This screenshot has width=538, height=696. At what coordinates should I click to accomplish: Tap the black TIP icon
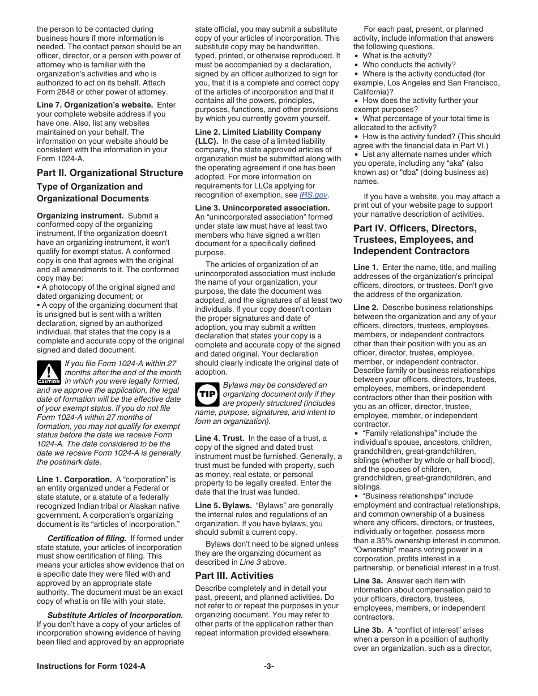[x=207, y=394]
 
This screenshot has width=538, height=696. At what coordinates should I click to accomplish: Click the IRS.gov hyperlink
[x=313, y=195]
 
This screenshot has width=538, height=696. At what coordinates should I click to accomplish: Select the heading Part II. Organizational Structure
[x=110, y=173]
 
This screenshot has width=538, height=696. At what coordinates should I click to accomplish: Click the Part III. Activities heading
[x=234, y=575]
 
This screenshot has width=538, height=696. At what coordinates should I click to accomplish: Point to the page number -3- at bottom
[x=269, y=666]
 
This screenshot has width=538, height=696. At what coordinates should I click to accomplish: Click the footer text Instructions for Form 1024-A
[x=91, y=666]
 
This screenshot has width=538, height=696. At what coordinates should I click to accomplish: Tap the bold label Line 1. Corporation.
[x=74, y=479]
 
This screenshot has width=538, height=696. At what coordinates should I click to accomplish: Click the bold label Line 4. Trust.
[x=220, y=438]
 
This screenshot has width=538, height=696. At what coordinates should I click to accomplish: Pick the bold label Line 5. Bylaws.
[x=223, y=505]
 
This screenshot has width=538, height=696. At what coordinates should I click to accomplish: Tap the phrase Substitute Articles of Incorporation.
[x=115, y=615]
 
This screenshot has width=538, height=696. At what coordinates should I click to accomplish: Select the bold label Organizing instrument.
[x=80, y=216]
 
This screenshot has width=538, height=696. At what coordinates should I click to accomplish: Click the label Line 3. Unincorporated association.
[x=262, y=208]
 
